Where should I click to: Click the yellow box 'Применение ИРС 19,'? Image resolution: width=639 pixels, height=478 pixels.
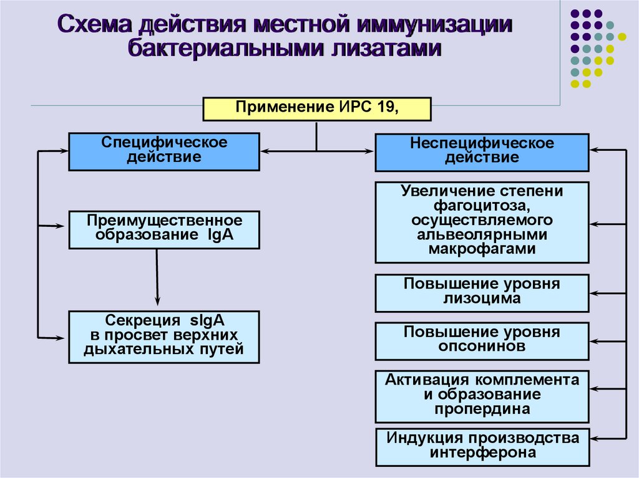click(317, 108)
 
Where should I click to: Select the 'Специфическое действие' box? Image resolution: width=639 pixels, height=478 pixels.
click(164, 151)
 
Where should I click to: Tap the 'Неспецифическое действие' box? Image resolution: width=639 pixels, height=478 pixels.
click(481, 152)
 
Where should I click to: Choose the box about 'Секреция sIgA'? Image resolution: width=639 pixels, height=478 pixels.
click(164, 337)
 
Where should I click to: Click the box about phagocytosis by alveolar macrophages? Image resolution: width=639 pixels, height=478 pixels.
click(481, 222)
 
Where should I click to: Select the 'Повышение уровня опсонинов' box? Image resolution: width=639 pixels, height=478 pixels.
click(481, 340)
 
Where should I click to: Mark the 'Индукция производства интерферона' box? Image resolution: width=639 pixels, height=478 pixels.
click(481, 446)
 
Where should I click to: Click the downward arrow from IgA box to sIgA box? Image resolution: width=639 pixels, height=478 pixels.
click(157, 274)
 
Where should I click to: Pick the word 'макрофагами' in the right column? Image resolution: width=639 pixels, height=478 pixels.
click(482, 249)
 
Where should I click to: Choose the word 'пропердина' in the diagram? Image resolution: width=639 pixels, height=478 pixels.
click(482, 409)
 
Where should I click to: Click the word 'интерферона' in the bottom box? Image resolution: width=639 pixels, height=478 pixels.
click(482, 453)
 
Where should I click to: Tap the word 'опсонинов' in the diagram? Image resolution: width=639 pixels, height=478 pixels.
click(482, 347)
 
